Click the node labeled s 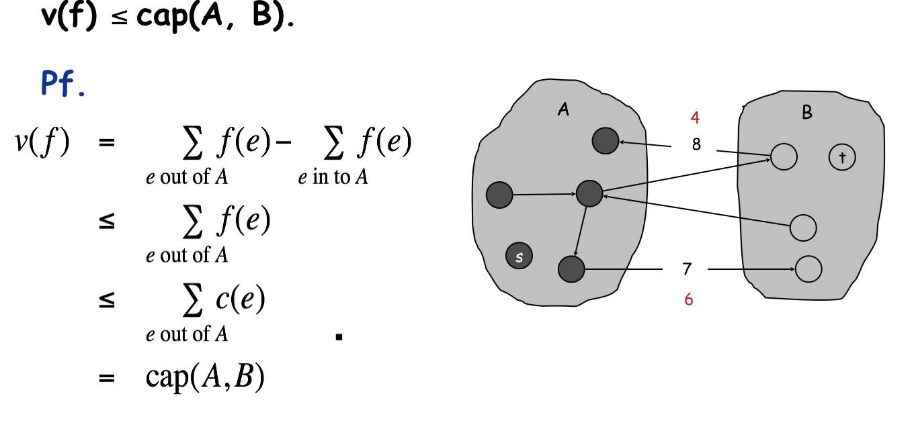(x=519, y=256)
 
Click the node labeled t (x=841, y=157)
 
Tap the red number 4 (x=695, y=118)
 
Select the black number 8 (x=696, y=144)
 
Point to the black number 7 (x=687, y=269)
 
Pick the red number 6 (x=689, y=300)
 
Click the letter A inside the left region (x=563, y=110)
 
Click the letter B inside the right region (x=807, y=113)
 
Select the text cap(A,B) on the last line (x=205, y=379)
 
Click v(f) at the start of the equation (x=42, y=143)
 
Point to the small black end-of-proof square (x=339, y=338)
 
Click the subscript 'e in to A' (x=333, y=179)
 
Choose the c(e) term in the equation (x=240, y=300)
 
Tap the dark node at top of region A (x=606, y=140)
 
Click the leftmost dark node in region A (x=499, y=195)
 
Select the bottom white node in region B (x=808, y=269)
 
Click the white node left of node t (x=784, y=157)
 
